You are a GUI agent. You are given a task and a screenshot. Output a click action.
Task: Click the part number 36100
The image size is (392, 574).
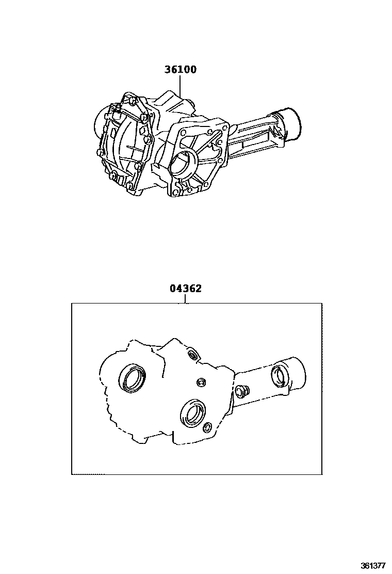[x=181, y=70]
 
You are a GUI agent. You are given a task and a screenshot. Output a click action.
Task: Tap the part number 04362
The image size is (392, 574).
[x=185, y=289]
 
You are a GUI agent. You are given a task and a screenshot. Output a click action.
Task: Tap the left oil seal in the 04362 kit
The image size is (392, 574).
[x=133, y=376]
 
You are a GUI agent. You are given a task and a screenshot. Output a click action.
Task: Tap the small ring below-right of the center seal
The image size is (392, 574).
[x=207, y=427]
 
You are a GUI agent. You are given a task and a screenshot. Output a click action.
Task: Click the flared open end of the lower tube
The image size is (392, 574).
[x=296, y=373]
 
